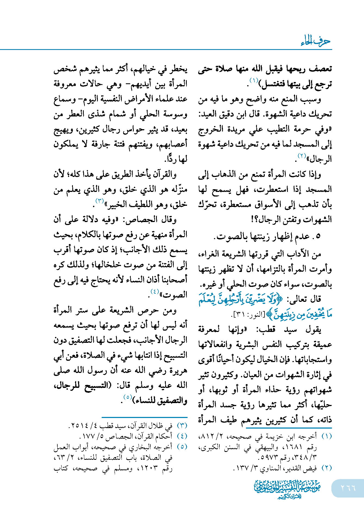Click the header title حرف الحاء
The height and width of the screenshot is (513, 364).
315,41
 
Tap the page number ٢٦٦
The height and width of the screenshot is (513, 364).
348,488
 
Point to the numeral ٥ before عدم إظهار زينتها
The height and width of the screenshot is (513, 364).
318,236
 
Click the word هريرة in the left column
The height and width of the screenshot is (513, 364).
178,370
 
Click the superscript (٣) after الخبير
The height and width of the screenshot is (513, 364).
100,201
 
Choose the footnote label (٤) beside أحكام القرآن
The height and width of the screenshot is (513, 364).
182,436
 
